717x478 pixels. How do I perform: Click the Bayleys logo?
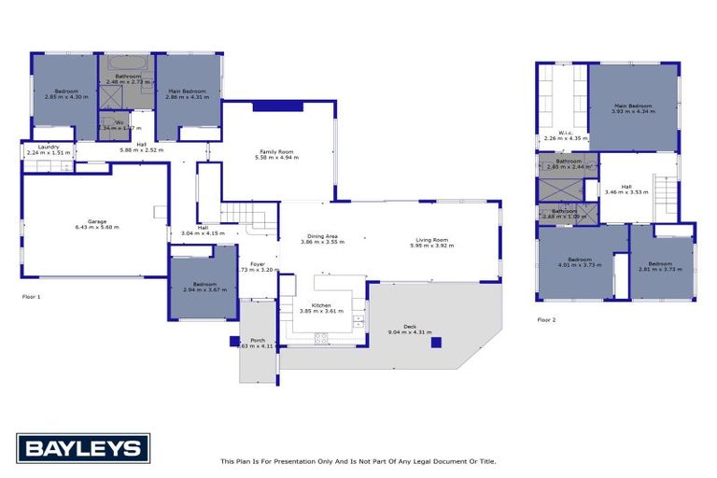coord(83,448)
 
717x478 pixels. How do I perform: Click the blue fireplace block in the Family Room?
coord(277,106)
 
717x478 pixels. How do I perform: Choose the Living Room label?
coord(432,240)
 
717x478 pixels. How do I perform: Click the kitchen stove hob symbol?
coord(322,337)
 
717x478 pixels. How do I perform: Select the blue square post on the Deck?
coord(435,343)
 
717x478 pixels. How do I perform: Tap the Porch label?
coord(258,340)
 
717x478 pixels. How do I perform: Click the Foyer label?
coord(258,263)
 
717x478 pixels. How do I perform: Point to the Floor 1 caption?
coord(32,296)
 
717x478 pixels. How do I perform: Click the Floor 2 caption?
coord(546,319)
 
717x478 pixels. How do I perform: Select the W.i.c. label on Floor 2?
coord(566,133)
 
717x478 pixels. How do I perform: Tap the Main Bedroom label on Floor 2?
coord(632,105)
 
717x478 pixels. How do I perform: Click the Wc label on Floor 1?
coord(119,122)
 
